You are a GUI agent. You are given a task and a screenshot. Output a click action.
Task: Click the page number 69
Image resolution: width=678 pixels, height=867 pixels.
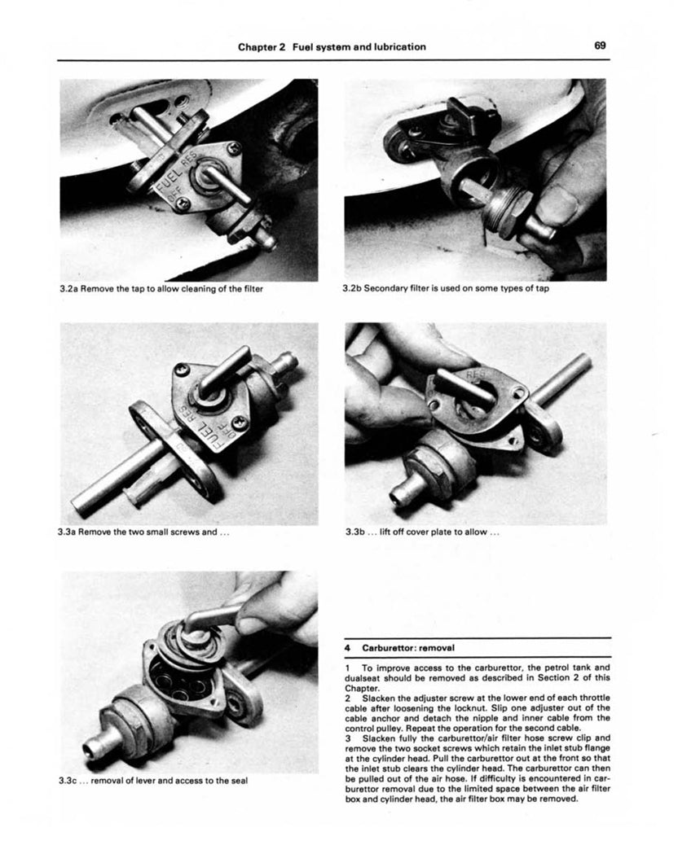click(x=600, y=46)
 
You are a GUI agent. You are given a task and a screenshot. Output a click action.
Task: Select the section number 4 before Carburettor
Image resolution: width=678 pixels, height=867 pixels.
click(x=347, y=649)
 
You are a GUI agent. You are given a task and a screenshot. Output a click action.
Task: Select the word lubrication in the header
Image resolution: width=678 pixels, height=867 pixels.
click(x=395, y=46)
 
